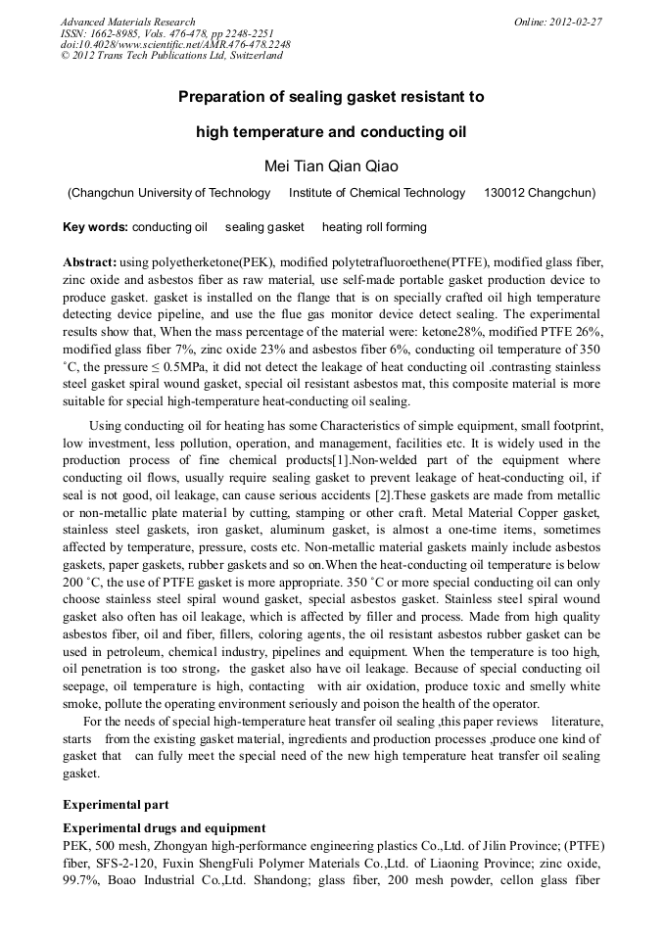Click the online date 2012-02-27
coord(577,22)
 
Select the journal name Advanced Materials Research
coord(127,22)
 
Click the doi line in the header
coord(175,44)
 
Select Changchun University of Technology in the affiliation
coord(170,193)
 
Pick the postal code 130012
coord(506,193)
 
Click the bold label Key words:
coord(95,227)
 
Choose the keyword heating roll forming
coord(374,227)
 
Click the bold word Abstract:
coord(90,262)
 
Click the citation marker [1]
coord(340,460)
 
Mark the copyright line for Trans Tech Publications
coord(171,56)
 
